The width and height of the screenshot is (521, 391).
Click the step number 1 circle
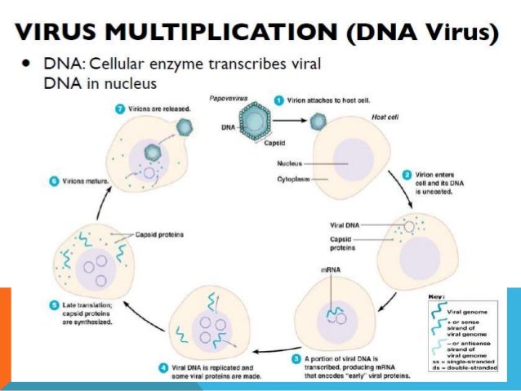pyautogui.click(x=279, y=100)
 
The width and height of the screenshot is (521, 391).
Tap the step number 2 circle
pyautogui.click(x=407, y=174)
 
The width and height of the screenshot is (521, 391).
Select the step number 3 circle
pyautogui.click(x=296, y=358)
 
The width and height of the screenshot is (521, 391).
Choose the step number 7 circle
pyautogui.click(x=119, y=108)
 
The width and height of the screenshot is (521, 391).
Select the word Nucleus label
pyautogui.click(x=287, y=163)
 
